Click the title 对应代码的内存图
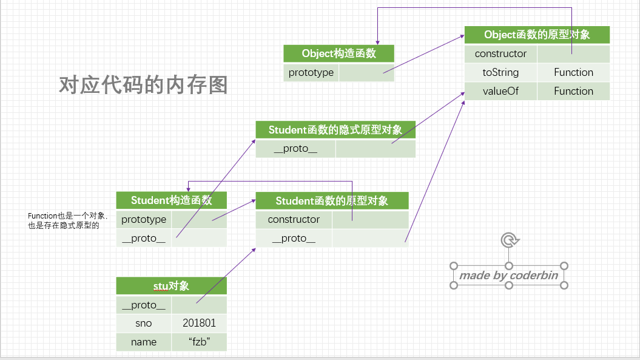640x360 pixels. click(x=143, y=84)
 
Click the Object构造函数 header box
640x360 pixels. click(x=339, y=53)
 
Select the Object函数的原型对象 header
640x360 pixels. click(x=537, y=35)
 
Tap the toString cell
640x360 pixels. click(x=500, y=72)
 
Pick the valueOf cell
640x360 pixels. click(x=500, y=91)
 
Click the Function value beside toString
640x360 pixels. click(x=573, y=72)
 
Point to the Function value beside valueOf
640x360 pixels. click(x=573, y=91)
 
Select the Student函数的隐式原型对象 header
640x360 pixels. click(x=335, y=130)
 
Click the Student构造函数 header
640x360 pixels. click(x=172, y=200)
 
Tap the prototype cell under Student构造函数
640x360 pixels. click(x=144, y=219)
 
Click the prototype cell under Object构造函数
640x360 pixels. click(x=311, y=73)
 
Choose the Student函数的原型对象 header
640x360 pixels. click(x=332, y=201)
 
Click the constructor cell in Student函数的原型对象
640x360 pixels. click(x=294, y=219)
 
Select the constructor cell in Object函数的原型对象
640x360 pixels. click(x=500, y=53)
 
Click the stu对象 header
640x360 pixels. click(x=172, y=286)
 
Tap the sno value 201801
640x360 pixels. click(x=199, y=323)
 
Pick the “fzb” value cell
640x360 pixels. click(x=199, y=342)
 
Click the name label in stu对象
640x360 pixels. click(x=144, y=342)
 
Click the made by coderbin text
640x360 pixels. click(x=508, y=276)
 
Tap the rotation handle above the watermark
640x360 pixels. click(x=508, y=241)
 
